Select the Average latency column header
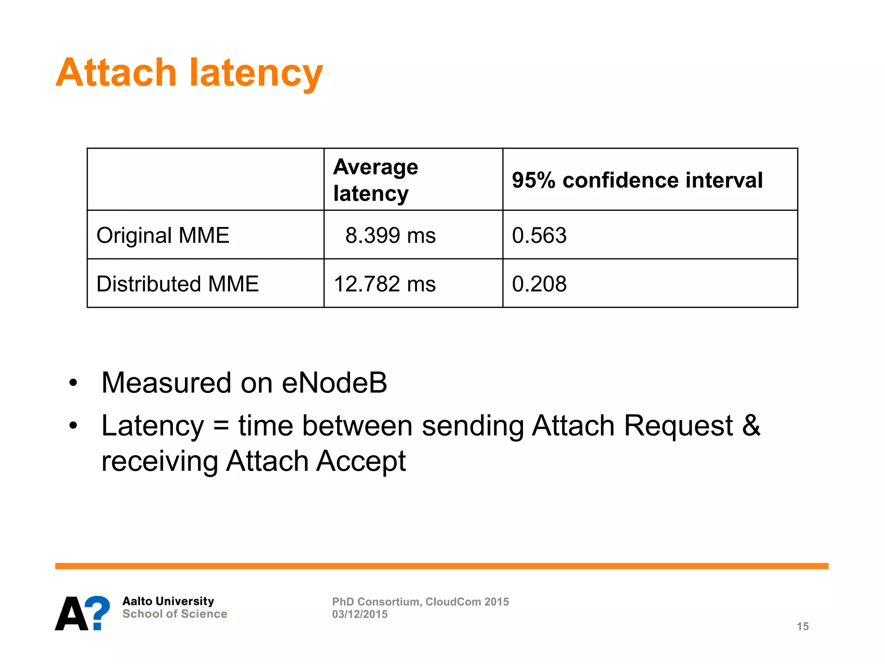pos(375,180)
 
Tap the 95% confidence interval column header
pos(637,180)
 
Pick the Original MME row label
pos(162,236)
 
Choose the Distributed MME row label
pos(177,284)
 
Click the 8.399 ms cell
pos(390,236)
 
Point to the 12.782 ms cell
pos(385,284)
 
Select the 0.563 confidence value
pos(539,236)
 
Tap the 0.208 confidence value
pos(539,284)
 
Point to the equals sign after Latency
pos(221,426)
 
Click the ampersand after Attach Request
pos(751,425)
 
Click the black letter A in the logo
pos(72,613)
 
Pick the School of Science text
pos(175,614)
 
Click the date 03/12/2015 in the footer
pos(360,614)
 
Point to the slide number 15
pos(802,626)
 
